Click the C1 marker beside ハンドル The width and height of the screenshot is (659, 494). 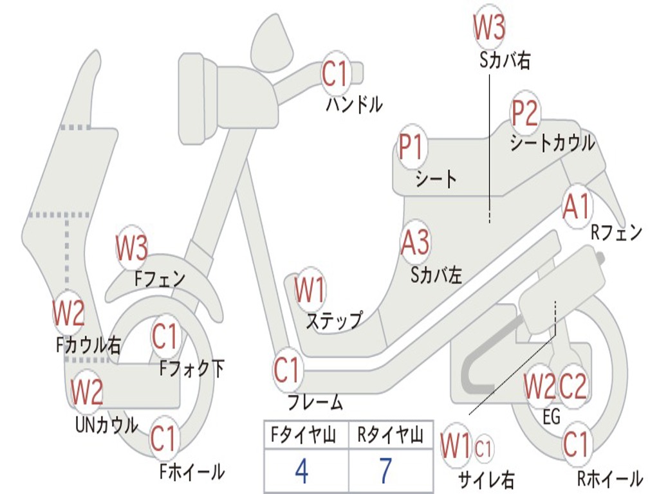click(335, 74)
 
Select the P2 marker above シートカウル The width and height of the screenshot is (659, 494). click(524, 114)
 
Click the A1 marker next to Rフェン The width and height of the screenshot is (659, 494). click(576, 207)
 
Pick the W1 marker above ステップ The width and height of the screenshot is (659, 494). click(310, 291)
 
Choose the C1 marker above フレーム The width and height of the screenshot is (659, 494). click(287, 370)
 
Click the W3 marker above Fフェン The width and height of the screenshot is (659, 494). click(132, 248)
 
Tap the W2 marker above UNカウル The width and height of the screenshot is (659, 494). click(87, 392)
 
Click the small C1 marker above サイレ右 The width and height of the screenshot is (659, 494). click(484, 446)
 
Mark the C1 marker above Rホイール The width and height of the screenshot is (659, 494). click(576, 444)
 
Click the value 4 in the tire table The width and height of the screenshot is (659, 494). click(301, 471)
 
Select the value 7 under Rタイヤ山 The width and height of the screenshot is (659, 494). click(385, 471)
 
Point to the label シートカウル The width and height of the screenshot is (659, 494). click(552, 143)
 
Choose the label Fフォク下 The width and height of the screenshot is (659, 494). click(192, 369)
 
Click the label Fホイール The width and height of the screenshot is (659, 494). click(192, 471)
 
